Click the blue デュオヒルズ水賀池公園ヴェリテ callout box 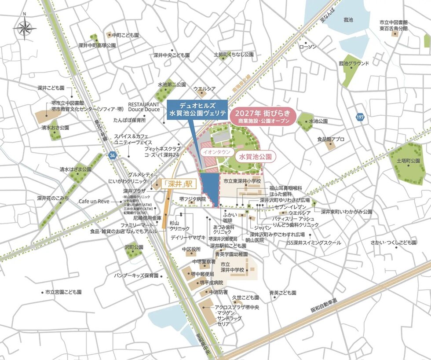click(197, 109)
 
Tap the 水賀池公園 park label click(255, 156)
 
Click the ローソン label click(308, 46)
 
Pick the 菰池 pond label click(348, 19)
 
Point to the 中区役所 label click(191, 249)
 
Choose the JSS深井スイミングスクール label click(313, 242)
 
